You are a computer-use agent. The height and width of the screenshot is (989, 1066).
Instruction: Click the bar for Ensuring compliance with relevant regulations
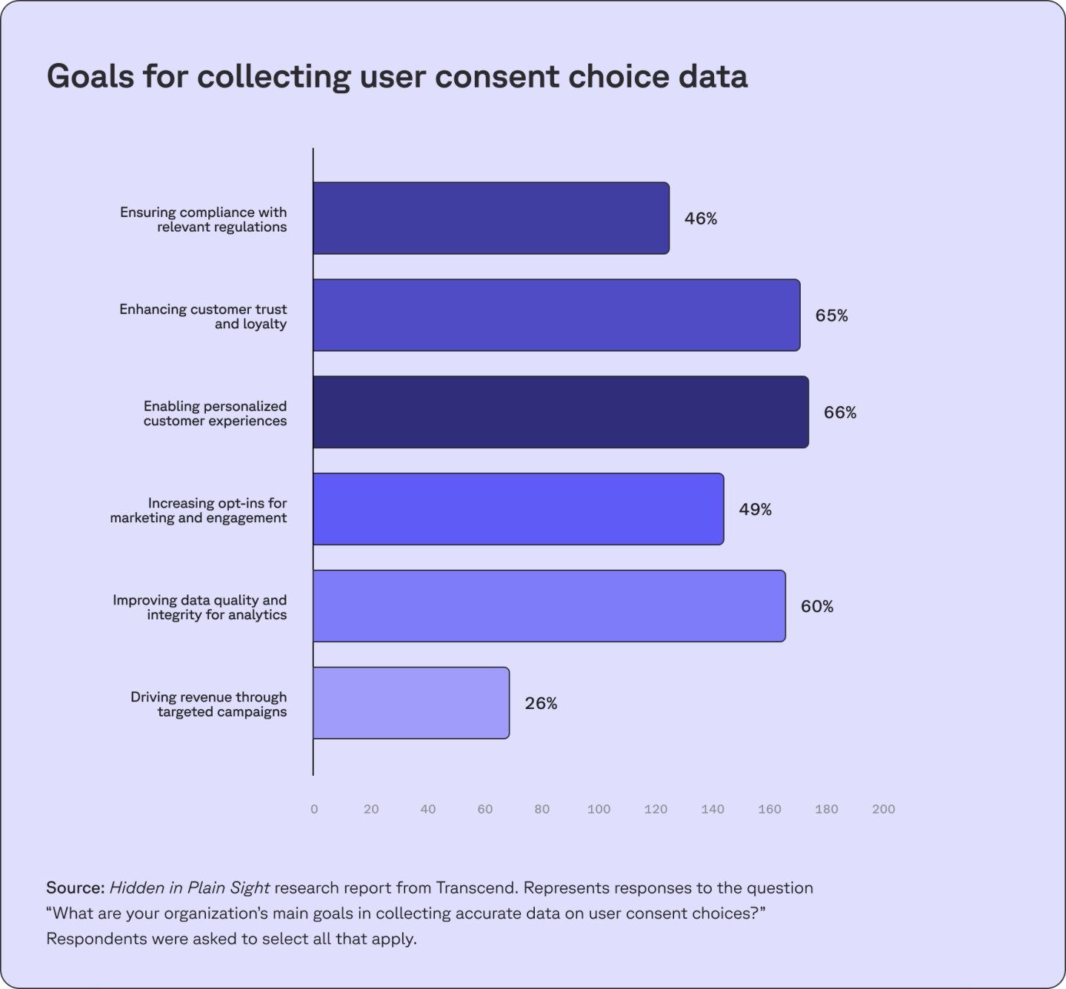[490, 219]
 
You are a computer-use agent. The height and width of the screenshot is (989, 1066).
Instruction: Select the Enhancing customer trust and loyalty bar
[556, 316]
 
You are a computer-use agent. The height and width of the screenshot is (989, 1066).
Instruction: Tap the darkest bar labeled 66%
[560, 412]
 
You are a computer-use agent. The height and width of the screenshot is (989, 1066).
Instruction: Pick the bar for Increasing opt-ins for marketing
[518, 509]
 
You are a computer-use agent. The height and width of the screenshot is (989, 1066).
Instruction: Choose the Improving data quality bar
[548, 606]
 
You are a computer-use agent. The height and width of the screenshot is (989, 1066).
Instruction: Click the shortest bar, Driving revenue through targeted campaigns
[410, 703]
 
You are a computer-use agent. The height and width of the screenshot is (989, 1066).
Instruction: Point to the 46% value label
[701, 219]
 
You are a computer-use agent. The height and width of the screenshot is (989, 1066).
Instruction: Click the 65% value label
[831, 316]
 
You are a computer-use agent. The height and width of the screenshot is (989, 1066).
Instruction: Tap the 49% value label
[755, 510]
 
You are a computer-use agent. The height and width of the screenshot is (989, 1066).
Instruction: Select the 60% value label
[816, 607]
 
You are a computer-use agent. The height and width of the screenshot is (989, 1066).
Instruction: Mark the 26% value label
[541, 704]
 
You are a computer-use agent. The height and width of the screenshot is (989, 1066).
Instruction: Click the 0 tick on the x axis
[314, 809]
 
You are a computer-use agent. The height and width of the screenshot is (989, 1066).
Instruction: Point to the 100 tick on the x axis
[599, 809]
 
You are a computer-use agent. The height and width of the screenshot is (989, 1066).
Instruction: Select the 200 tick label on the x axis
[883, 809]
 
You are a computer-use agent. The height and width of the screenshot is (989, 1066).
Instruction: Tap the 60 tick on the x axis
[484, 809]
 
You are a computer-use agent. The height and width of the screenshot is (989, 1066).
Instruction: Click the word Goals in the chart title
[89, 76]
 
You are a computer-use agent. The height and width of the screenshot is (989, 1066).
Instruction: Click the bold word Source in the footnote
[74, 888]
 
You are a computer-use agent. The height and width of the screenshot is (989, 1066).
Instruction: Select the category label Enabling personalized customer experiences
[215, 413]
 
